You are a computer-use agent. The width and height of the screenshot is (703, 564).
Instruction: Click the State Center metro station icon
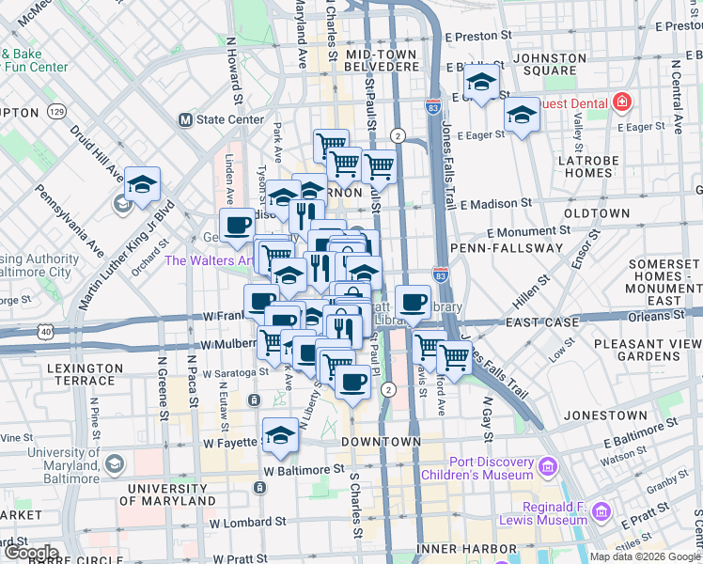tap(185, 120)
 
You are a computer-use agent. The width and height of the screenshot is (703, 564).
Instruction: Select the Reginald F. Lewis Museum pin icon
tap(601, 513)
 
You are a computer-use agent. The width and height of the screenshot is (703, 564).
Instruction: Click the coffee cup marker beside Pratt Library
tap(413, 302)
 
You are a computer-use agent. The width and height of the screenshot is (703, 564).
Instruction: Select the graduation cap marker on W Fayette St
tap(279, 435)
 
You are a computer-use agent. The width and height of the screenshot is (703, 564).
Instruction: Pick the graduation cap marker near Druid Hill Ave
tap(142, 184)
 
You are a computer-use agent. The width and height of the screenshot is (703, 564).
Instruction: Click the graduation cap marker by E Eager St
tap(521, 116)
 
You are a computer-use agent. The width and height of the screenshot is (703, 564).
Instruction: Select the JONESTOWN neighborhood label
tap(607, 415)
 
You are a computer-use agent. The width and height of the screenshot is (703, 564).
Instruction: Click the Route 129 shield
tap(57, 112)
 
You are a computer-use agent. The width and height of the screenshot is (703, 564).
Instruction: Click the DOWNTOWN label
tap(381, 442)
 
